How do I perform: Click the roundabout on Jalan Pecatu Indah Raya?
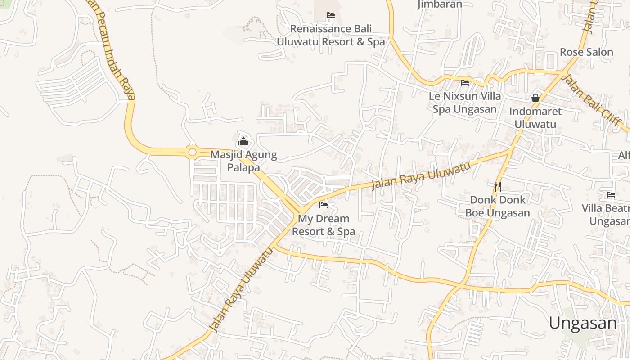pos(193,153)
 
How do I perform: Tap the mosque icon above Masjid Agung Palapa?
pos(243,141)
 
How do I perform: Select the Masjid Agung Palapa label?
pos(243,161)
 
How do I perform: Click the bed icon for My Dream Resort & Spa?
pos(324,205)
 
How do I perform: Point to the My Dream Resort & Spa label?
pos(324,225)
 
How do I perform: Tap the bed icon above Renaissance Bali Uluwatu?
pos(331,15)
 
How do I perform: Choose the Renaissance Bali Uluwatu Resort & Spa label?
pos(331,35)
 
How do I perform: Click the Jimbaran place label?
pos(440,4)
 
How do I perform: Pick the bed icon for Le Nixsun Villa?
pos(465,82)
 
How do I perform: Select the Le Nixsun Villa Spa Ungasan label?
pos(465,103)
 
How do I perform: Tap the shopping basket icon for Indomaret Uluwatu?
pos(535,98)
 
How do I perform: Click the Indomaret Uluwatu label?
pos(535,117)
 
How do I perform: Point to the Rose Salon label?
pos(586,52)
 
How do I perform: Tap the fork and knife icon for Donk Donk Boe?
pos(497,186)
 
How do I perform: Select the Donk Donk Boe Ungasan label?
pos(497,206)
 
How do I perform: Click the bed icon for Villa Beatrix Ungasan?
pos(611,195)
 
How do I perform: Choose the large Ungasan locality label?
pos(583,323)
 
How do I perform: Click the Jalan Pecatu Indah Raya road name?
pos(116,49)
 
